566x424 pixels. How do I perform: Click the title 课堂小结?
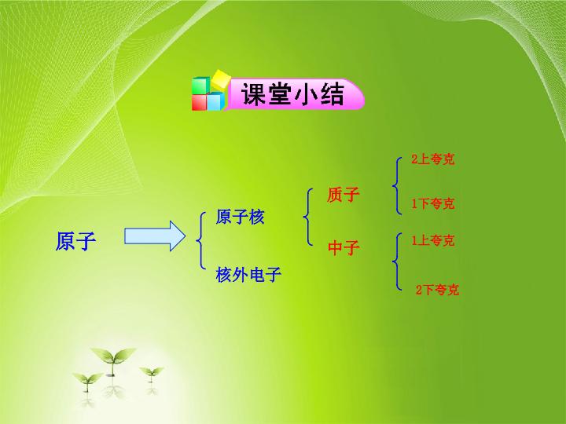point(292,94)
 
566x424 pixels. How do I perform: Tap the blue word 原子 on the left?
point(75,241)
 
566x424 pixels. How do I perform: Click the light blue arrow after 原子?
point(155,236)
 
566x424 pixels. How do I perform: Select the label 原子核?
point(240,217)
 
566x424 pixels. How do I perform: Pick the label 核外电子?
point(248,274)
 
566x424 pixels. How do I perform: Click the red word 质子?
point(344,195)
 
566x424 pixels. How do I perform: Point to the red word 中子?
point(344,247)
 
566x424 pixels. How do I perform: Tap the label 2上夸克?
point(433,159)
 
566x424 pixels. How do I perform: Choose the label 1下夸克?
point(433,203)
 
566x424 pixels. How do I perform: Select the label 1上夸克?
point(433,240)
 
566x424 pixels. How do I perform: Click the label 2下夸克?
point(437,290)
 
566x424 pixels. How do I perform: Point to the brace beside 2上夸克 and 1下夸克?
point(395,186)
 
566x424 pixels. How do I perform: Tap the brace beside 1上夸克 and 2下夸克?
point(395,261)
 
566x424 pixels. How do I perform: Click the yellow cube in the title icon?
point(221,79)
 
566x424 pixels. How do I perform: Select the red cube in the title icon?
point(200,102)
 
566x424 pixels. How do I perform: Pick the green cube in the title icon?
point(200,86)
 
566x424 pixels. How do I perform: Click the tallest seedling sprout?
point(112,360)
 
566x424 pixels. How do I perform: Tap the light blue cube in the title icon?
point(216,101)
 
